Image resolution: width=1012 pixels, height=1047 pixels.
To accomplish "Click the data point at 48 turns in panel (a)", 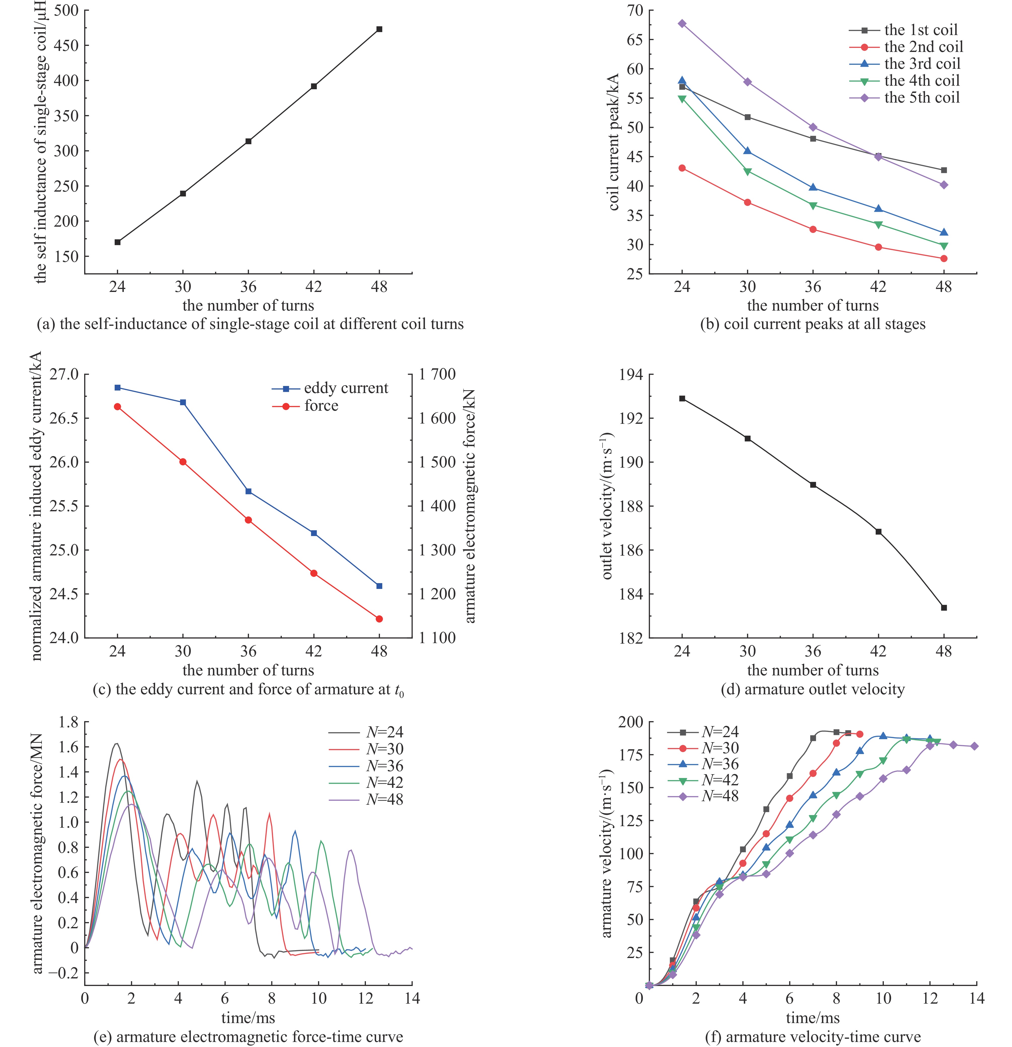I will [379, 29].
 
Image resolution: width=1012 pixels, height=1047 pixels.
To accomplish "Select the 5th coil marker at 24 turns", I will [682, 23].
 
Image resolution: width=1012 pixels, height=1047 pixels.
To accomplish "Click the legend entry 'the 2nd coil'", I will [906, 47].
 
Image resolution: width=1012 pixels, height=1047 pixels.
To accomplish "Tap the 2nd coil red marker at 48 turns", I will [944, 259].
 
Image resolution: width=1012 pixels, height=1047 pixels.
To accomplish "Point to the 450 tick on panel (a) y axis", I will [66, 45].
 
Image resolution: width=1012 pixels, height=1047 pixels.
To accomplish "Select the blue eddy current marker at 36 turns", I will [248, 491].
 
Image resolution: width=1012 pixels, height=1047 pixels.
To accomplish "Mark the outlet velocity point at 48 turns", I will [944, 607].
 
